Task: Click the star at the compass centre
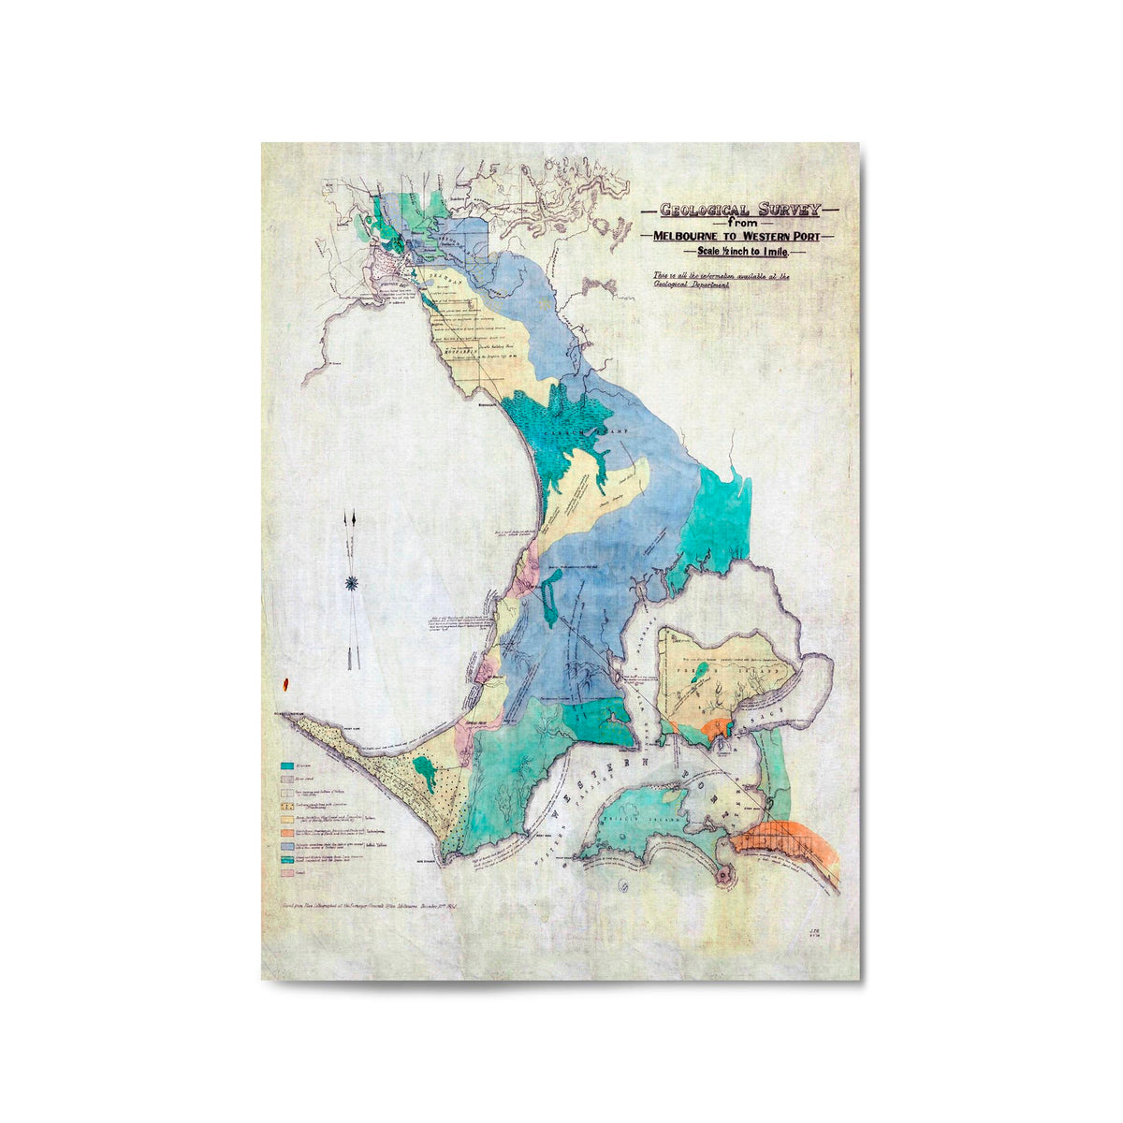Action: (353, 583)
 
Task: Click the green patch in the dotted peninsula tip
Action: (426, 771)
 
